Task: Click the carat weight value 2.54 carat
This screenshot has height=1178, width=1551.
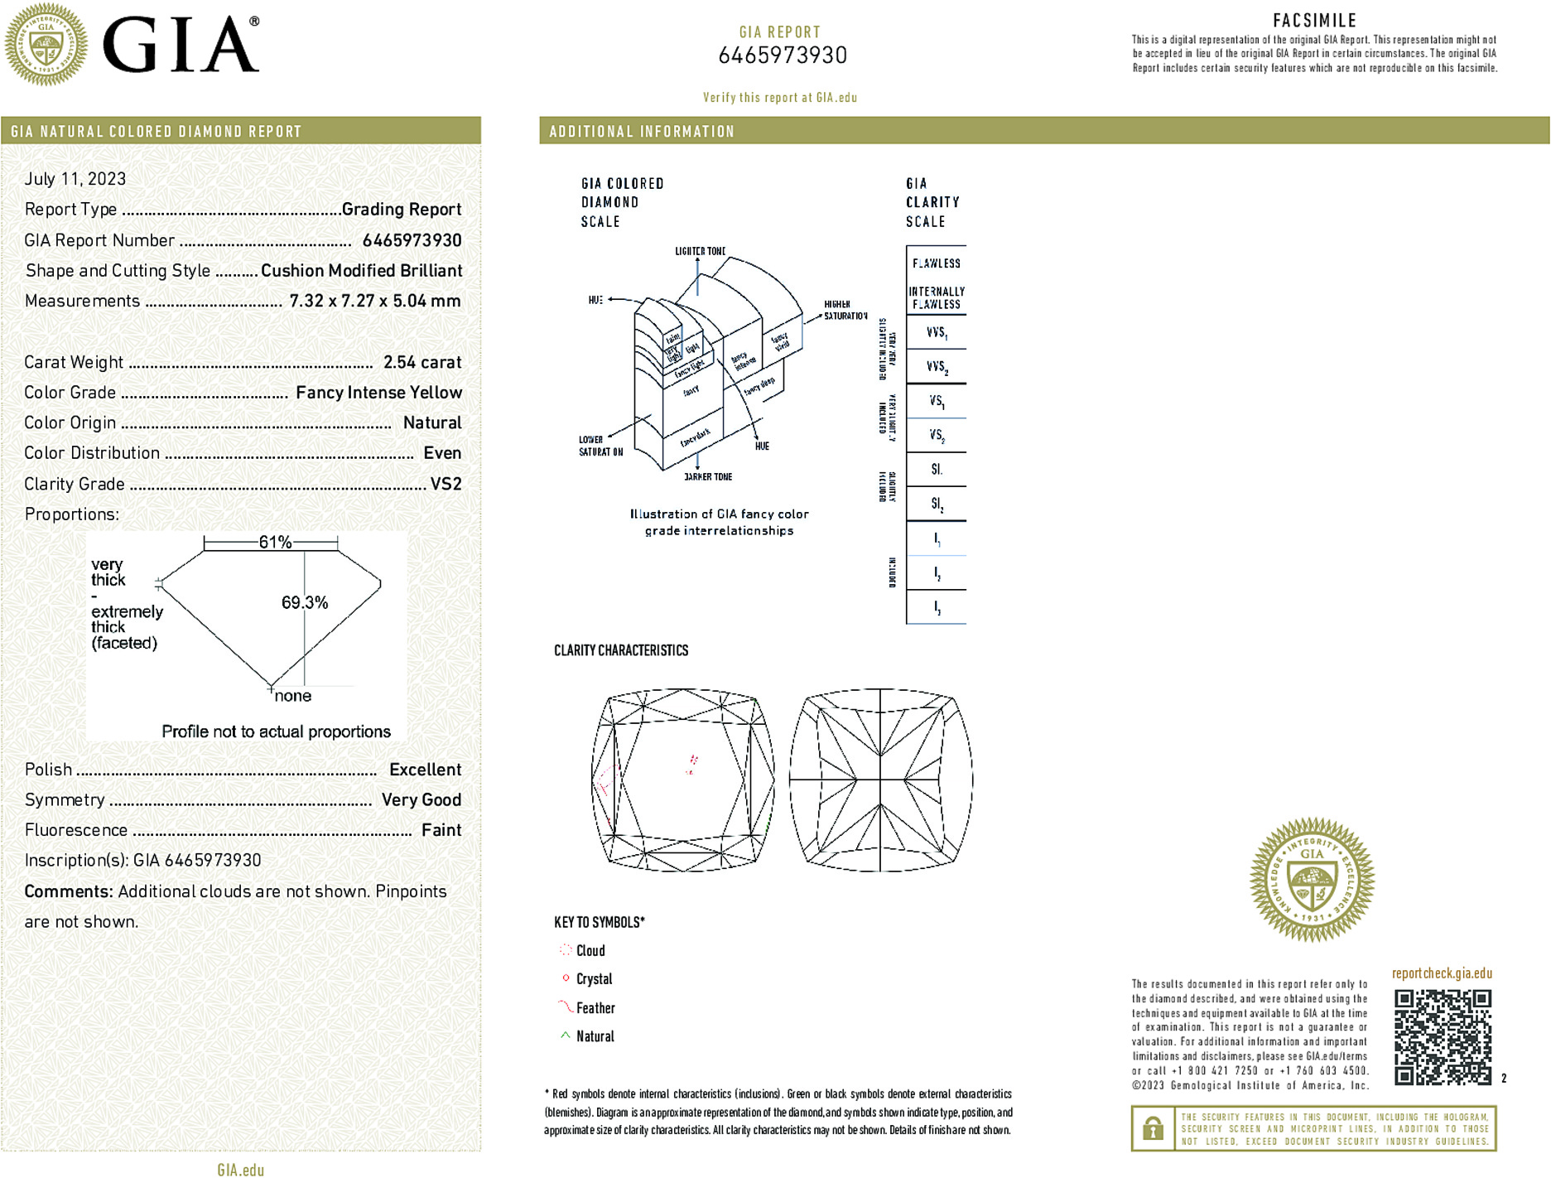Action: [x=421, y=362]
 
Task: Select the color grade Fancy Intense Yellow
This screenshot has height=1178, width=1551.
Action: [x=378, y=393]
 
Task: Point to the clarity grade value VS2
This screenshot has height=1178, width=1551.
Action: [x=446, y=484]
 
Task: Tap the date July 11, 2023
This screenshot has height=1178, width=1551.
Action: [x=75, y=179]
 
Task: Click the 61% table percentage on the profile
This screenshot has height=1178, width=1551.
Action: [x=275, y=543]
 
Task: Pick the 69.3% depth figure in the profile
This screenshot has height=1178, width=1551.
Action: [x=305, y=602]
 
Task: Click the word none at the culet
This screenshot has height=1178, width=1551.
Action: [x=293, y=696]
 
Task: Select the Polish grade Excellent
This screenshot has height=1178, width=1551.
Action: [x=425, y=770]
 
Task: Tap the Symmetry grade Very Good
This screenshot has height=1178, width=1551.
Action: [x=421, y=800]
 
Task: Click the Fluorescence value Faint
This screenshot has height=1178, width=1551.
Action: [x=441, y=830]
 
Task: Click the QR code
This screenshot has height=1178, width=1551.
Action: [x=1443, y=1037]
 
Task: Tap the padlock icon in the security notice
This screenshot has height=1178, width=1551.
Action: [x=1153, y=1128]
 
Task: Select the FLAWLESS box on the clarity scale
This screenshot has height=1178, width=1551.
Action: [x=937, y=263]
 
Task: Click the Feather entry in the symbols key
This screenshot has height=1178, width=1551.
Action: [x=595, y=1008]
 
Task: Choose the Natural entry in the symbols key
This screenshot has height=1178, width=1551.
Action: [x=595, y=1036]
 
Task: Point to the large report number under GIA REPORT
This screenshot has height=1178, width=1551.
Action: [x=783, y=56]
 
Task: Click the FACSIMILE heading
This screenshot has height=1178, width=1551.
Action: [x=1314, y=21]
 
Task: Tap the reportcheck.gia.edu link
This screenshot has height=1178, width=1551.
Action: [x=1442, y=973]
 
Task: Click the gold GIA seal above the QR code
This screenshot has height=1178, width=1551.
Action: [x=1312, y=880]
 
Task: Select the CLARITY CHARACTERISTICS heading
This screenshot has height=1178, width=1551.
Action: [x=621, y=650]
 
